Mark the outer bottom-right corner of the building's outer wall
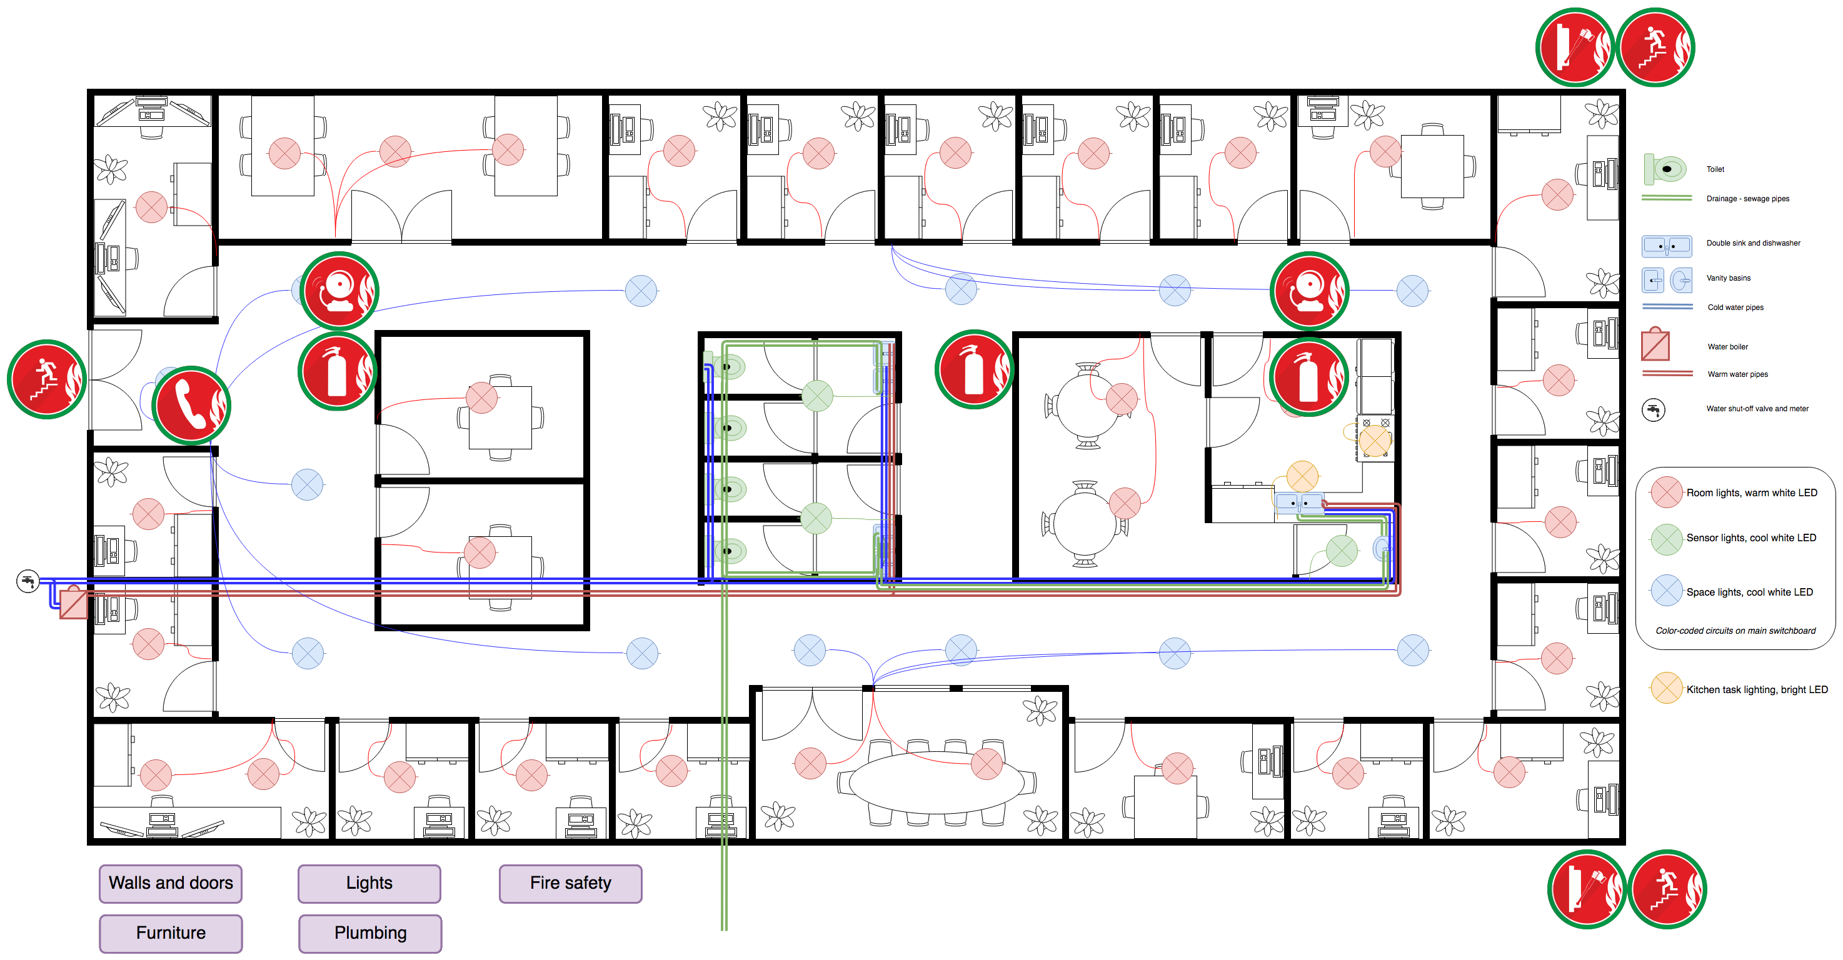[x=1624, y=844]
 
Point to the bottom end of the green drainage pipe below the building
[x=724, y=930]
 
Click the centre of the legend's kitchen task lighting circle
[x=1666, y=688]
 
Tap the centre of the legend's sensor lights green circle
[x=1666, y=539]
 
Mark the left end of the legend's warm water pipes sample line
[x=1643, y=373]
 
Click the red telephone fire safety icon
[x=191, y=405]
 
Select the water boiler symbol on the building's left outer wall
[x=73, y=603]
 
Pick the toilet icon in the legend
[x=1665, y=169]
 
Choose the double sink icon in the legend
[x=1666, y=246]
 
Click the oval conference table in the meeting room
[x=936, y=782]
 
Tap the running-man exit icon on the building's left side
[x=46, y=379]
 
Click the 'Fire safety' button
[x=570, y=884]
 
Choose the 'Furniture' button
[x=171, y=934]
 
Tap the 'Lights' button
[x=369, y=884]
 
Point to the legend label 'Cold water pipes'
[x=1735, y=307]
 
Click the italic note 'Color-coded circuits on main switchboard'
[x=1735, y=631]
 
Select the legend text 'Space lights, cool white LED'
[x=1749, y=592]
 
